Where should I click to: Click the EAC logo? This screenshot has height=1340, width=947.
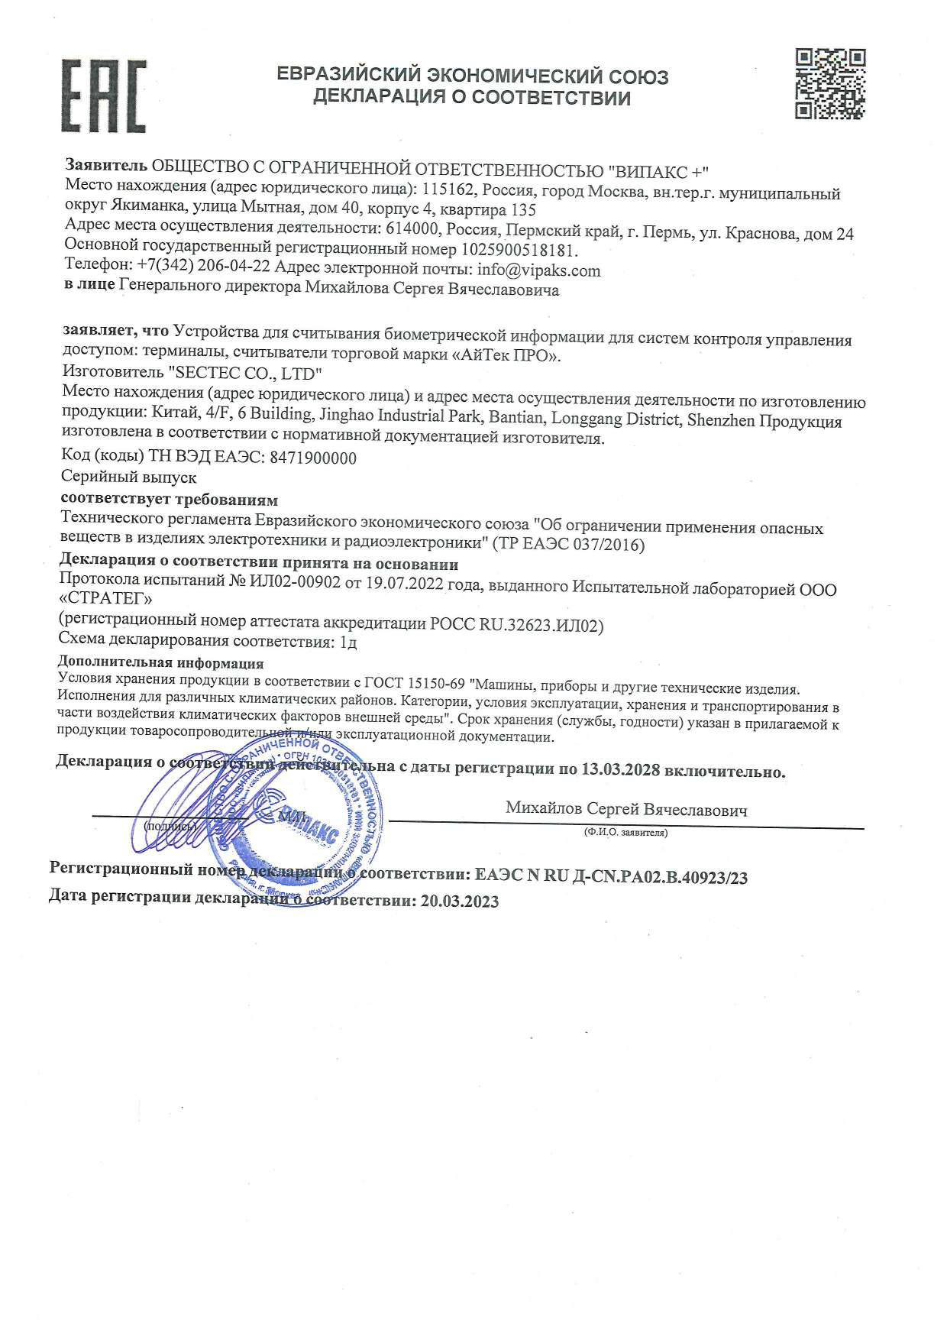103,95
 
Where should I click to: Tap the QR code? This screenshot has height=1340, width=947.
830,83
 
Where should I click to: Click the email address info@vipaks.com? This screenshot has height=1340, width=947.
538,270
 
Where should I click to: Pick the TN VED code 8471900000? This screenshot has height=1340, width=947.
313,458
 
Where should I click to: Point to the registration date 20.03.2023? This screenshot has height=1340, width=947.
459,901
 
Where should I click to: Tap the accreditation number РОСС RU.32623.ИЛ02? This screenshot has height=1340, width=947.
516,626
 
